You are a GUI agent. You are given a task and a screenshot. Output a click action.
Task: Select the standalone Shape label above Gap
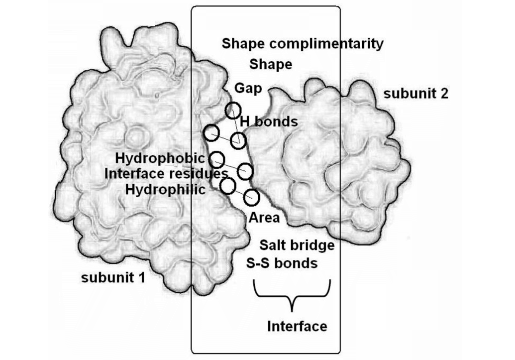[271, 64]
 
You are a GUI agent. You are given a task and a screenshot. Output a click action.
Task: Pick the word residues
[200, 174]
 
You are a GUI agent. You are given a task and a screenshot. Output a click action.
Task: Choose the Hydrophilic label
[165, 189]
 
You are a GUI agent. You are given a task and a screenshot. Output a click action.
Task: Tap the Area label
[264, 218]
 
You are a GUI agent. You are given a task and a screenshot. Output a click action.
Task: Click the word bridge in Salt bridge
[312, 245]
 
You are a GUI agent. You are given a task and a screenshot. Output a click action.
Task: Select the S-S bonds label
[282, 262]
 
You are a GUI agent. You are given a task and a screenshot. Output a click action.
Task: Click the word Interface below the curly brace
[297, 326]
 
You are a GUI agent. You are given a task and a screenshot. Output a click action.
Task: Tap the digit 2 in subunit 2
[444, 94]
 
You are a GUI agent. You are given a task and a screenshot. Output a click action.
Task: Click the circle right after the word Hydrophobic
[216, 160]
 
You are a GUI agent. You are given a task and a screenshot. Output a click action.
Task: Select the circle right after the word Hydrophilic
[227, 186]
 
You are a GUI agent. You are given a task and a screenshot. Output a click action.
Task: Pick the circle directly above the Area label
[252, 197]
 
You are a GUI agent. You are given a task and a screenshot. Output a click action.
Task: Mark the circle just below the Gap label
[233, 110]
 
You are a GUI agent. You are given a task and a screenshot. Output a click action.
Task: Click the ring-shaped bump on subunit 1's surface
[134, 135]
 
